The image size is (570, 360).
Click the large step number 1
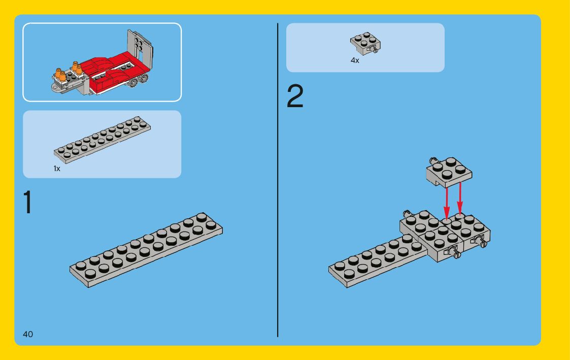28,202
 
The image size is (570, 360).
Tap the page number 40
28,334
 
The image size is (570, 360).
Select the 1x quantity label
57,169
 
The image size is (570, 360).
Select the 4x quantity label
355,60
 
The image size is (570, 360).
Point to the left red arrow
446,203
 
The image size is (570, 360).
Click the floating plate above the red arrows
449,172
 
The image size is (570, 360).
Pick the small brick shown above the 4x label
365,43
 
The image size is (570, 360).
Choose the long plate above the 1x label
102,140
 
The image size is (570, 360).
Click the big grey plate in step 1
146,250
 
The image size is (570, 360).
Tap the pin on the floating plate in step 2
433,161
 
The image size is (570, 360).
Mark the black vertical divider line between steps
278,180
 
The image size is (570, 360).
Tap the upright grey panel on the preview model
140,47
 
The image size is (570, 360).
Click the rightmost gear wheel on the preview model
144,79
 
